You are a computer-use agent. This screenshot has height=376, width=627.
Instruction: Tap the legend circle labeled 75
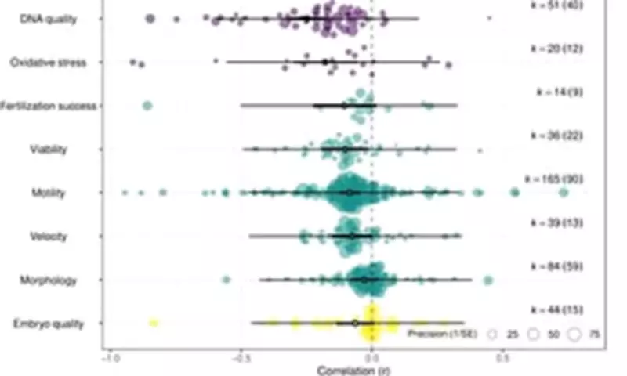coord(574,334)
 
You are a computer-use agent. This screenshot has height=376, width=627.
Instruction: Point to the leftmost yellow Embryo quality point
coord(154,323)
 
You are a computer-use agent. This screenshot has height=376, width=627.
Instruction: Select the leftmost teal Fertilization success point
coord(147,105)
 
